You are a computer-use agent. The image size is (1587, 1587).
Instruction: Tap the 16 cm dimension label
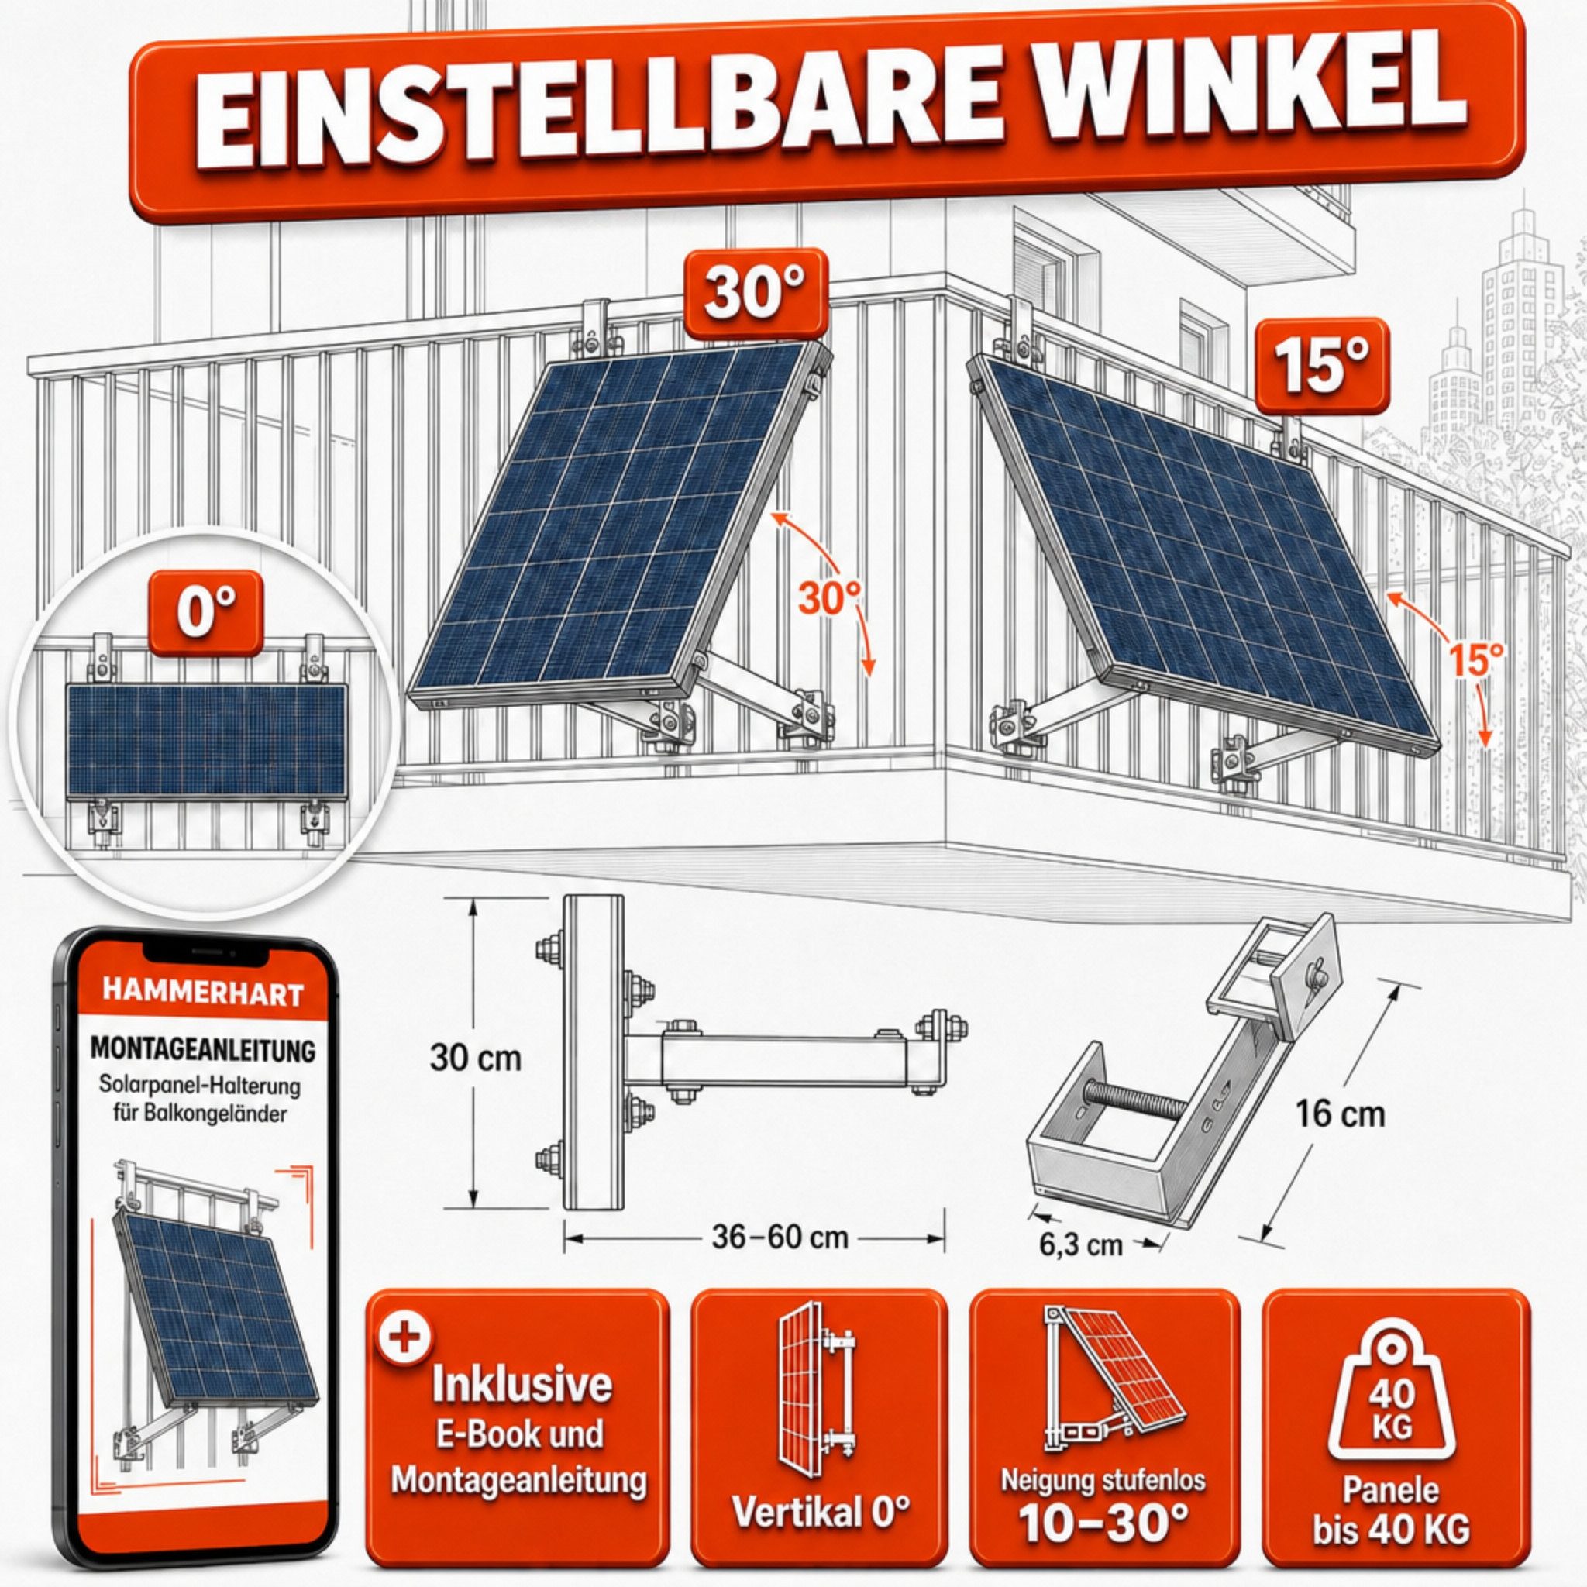click(x=1328, y=1114)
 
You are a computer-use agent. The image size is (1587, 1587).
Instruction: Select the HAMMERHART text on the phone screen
click(x=202, y=993)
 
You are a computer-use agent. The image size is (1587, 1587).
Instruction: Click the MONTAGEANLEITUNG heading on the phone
click(x=203, y=1049)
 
